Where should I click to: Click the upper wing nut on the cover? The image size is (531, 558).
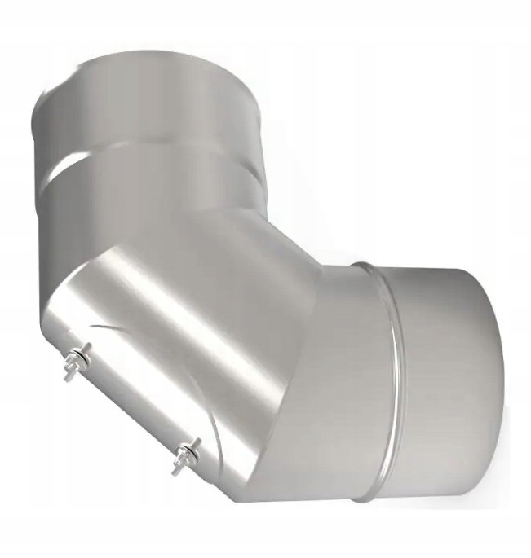coord(78,354)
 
